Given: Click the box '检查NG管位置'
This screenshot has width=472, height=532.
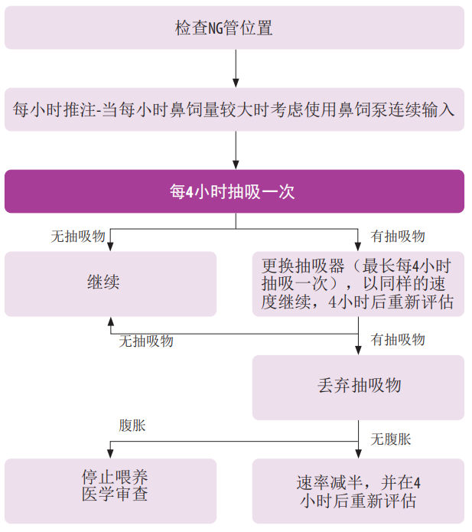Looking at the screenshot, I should coord(235,28).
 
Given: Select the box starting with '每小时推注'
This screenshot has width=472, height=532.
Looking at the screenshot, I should coord(235,109).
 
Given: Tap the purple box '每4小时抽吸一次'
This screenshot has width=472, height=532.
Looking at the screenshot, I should coord(235,191).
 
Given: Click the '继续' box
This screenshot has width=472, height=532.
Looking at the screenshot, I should coord(110,283).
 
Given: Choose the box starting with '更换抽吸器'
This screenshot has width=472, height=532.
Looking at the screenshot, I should coord(358,283).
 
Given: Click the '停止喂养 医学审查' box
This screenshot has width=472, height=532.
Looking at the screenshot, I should coord(110,485).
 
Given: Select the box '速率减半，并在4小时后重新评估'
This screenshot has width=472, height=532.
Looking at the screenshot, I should coord(358,491).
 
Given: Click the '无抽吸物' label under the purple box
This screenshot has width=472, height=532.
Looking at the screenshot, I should coord(78,237).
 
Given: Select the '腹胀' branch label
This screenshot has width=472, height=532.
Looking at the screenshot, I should coord(131,426).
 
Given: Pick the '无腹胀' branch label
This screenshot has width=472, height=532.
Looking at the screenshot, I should coord(391,439).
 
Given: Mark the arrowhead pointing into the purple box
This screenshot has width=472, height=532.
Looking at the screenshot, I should coord(236,164).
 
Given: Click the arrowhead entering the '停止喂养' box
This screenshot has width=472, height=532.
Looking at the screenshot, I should coord(110,453).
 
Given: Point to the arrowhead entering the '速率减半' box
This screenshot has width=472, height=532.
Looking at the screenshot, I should coord(358,453).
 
